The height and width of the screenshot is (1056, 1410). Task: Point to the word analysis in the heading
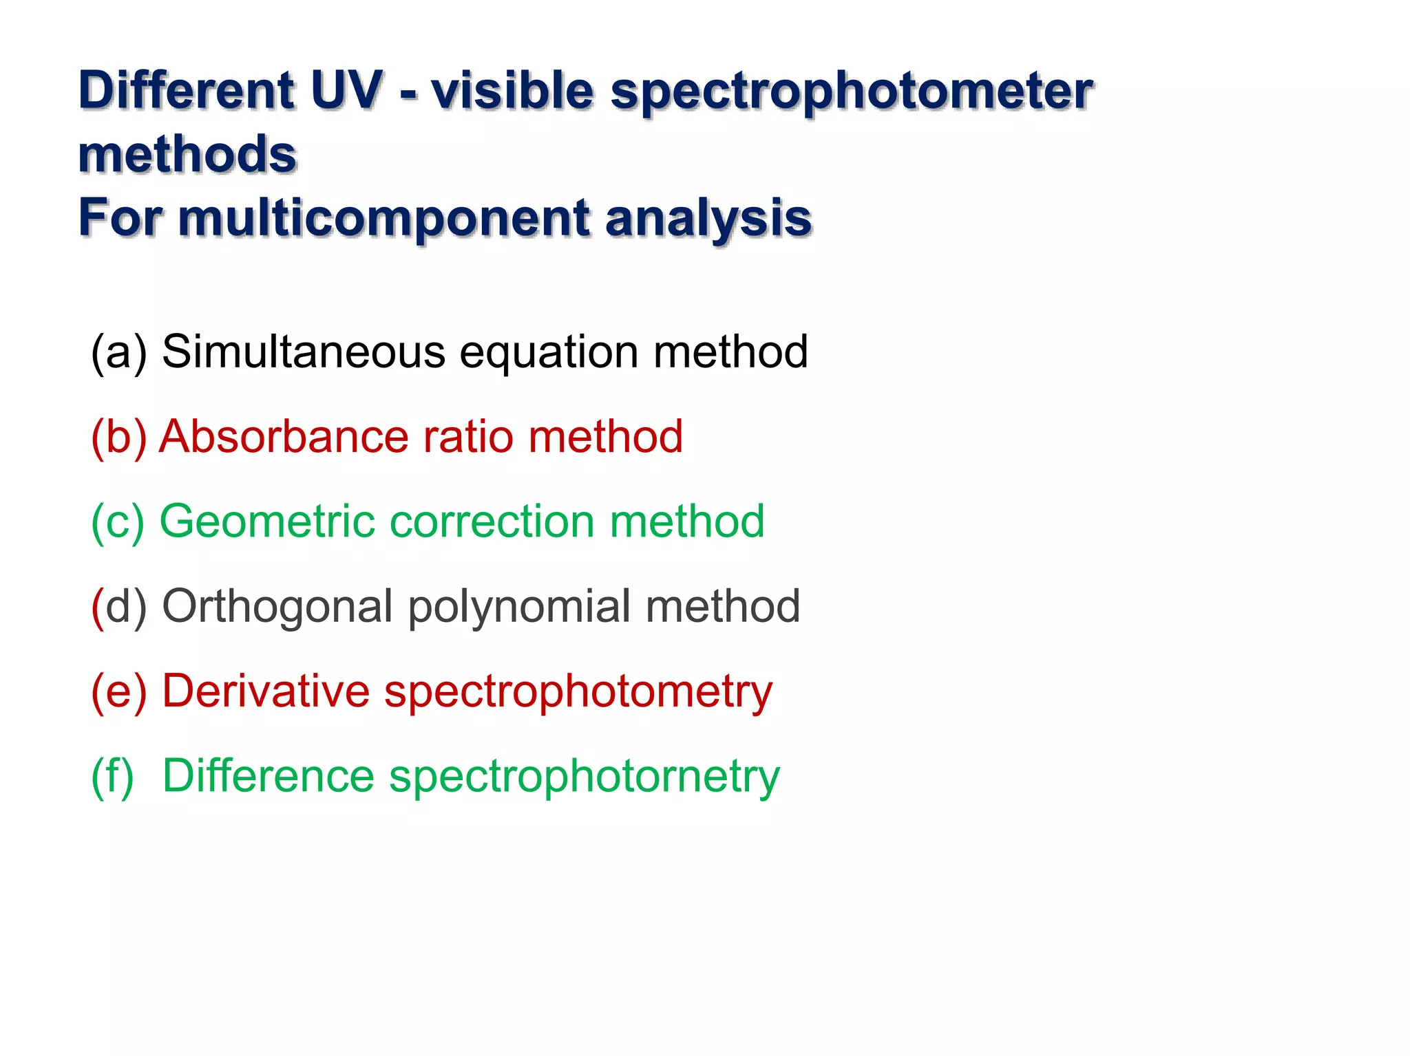[x=708, y=218]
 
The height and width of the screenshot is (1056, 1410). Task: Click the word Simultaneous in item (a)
[x=304, y=352]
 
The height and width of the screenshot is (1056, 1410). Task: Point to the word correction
[x=492, y=521]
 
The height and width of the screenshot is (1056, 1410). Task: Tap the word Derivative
[x=266, y=691]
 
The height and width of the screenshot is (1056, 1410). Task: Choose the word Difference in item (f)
[x=269, y=775]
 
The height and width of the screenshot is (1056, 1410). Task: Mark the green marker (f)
[x=112, y=776]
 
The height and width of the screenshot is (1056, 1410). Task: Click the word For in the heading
[x=120, y=218]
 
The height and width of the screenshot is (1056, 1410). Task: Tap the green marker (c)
[x=118, y=521]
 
